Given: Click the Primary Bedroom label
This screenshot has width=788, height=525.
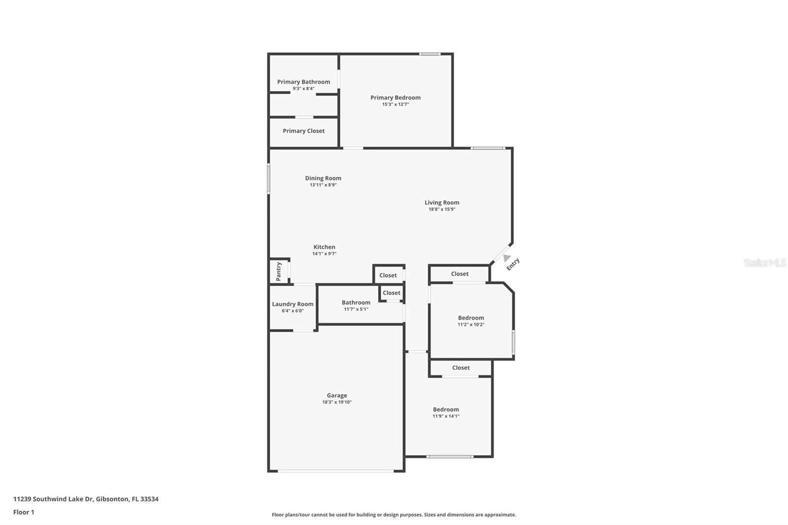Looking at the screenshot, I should pyautogui.click(x=395, y=98).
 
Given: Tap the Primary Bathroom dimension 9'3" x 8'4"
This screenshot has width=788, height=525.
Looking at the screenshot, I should pyautogui.click(x=303, y=89).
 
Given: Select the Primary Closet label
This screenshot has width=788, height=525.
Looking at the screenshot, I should pyautogui.click(x=303, y=131).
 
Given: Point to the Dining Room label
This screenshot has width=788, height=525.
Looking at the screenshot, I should pyautogui.click(x=323, y=178).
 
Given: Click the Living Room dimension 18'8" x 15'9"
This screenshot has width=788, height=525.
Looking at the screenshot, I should pyautogui.click(x=442, y=209).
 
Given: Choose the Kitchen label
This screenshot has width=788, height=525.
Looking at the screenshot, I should pyautogui.click(x=324, y=247).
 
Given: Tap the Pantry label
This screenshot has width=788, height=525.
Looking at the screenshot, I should pyautogui.click(x=279, y=271).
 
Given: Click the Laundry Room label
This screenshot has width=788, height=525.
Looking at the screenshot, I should pyautogui.click(x=293, y=304).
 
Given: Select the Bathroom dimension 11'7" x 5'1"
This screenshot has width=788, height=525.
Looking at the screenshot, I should pyautogui.click(x=356, y=309).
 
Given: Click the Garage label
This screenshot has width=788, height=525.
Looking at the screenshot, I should pyautogui.click(x=337, y=395).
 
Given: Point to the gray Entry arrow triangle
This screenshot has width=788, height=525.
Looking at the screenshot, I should pyautogui.click(x=506, y=258).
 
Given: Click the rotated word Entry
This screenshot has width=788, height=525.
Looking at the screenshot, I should pyautogui.click(x=513, y=264).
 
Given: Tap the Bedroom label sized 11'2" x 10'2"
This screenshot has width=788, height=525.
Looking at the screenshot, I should pyautogui.click(x=471, y=318).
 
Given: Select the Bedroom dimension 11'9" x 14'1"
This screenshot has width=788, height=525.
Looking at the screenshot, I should pyautogui.click(x=446, y=416).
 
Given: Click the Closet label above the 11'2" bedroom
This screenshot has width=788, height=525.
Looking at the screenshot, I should pyautogui.click(x=460, y=274).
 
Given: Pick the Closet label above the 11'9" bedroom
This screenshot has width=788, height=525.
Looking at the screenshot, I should pyautogui.click(x=460, y=368).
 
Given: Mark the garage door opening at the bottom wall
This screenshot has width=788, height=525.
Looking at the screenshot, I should pyautogui.click(x=336, y=471).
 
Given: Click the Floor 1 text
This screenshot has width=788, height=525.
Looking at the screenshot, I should pyautogui.click(x=24, y=512).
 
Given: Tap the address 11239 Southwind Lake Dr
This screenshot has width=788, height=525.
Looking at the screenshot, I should pyautogui.click(x=53, y=499).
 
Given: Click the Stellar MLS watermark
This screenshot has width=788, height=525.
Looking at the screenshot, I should pyautogui.click(x=764, y=263).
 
